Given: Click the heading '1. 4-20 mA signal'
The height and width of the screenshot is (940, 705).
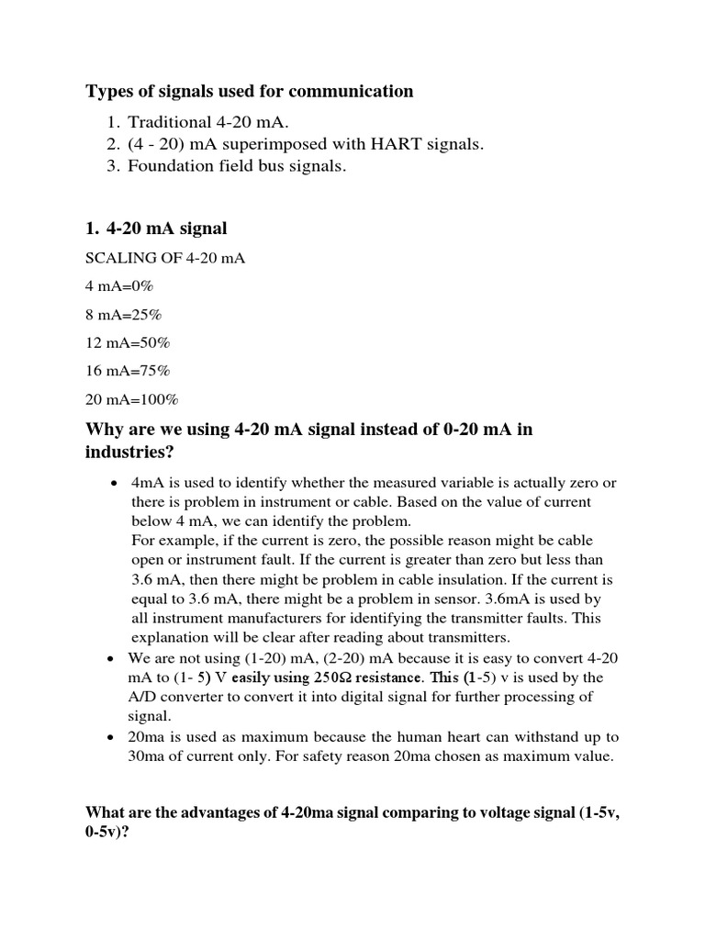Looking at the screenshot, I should (x=156, y=228).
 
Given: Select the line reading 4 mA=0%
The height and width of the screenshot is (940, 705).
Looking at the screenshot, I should (x=119, y=286).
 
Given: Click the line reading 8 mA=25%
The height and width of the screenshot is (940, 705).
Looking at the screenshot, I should (x=123, y=315).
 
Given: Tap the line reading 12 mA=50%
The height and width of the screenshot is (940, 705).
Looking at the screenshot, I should (x=128, y=342).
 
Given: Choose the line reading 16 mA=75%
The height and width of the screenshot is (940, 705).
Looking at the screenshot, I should (x=128, y=371).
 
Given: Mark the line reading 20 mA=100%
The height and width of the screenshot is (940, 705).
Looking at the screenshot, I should (x=131, y=399).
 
